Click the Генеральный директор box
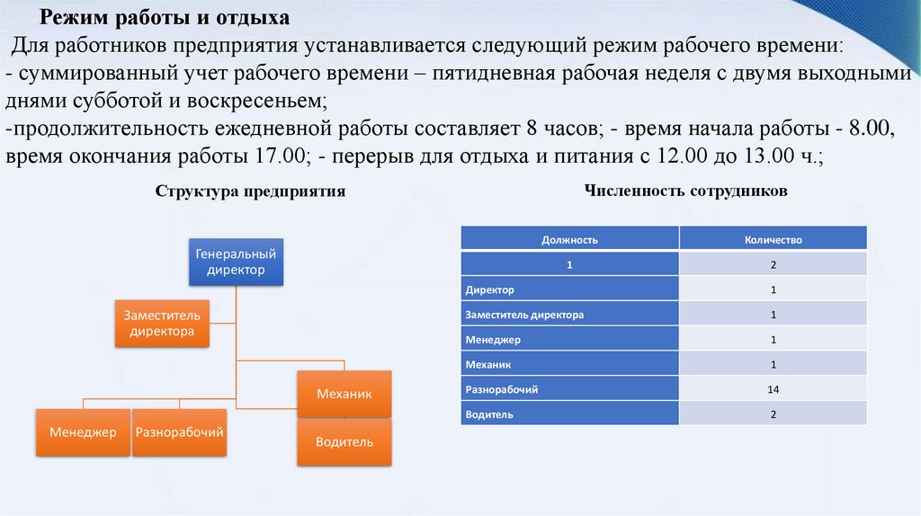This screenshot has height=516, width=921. point(236,262)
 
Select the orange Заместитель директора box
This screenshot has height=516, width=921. point(162,324)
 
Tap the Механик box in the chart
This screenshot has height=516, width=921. point(344,394)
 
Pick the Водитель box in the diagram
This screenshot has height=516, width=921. point(344,441)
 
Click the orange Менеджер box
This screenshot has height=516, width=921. point(83,432)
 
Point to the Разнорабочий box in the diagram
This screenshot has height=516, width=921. point(179,432)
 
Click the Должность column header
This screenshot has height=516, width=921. point(569,240)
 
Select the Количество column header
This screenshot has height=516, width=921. point(773,240)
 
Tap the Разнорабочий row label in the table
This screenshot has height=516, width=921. point(502,389)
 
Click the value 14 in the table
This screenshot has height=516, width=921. point(773,389)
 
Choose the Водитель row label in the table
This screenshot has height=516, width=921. point(490,414)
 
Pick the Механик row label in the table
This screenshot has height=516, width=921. point(488,365)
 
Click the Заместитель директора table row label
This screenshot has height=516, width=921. point(524,315)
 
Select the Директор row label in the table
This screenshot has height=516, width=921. point(490,290)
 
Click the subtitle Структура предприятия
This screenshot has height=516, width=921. point(250,192)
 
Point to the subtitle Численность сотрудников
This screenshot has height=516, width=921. point(685,191)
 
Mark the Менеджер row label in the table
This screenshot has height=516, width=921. point(493,340)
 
